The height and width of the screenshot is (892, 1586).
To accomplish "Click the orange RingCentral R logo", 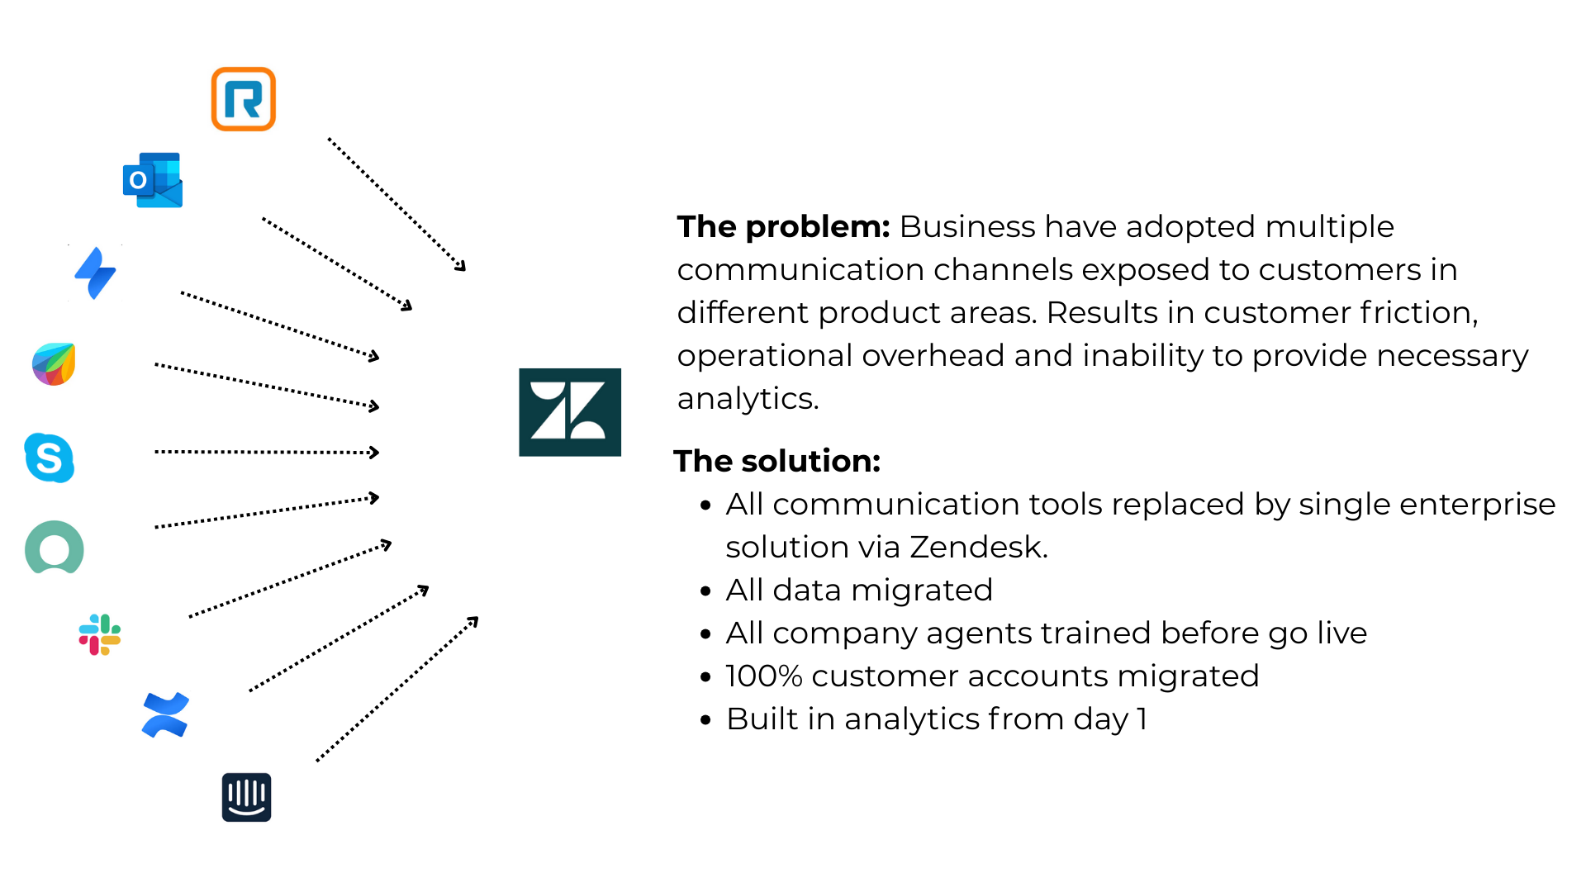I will pyautogui.click(x=243, y=99).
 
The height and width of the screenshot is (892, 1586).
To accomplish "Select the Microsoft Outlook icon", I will pyautogui.click(x=153, y=180).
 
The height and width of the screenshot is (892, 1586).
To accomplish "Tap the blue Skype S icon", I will pyautogui.click(x=50, y=458).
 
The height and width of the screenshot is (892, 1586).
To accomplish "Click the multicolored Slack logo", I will pyautogui.click(x=100, y=634).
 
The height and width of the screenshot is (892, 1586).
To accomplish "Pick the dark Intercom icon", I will pyautogui.click(x=246, y=797).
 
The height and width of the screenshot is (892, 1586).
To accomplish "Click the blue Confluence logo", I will pyautogui.click(x=165, y=714).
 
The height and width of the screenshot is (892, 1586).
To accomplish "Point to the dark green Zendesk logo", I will pyautogui.click(x=570, y=412).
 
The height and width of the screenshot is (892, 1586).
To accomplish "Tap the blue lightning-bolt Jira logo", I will pyautogui.click(x=96, y=273).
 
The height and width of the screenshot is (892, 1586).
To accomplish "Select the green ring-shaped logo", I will pyautogui.click(x=55, y=548).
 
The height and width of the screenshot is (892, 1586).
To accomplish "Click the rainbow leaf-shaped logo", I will pyautogui.click(x=54, y=364).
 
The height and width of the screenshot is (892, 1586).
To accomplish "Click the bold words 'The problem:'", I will pyautogui.click(x=783, y=226).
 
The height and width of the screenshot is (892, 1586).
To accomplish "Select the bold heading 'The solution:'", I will pyautogui.click(x=776, y=461).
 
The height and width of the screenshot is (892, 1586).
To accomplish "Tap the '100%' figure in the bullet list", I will pyautogui.click(x=764, y=676).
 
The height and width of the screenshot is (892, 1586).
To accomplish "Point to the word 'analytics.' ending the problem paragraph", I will pyautogui.click(x=748, y=398).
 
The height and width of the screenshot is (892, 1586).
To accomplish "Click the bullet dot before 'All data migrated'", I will pyautogui.click(x=705, y=591).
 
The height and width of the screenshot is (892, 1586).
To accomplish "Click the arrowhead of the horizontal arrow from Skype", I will pyautogui.click(x=375, y=453).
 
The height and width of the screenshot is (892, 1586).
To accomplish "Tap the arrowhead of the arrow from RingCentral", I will pyautogui.click(x=461, y=266).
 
